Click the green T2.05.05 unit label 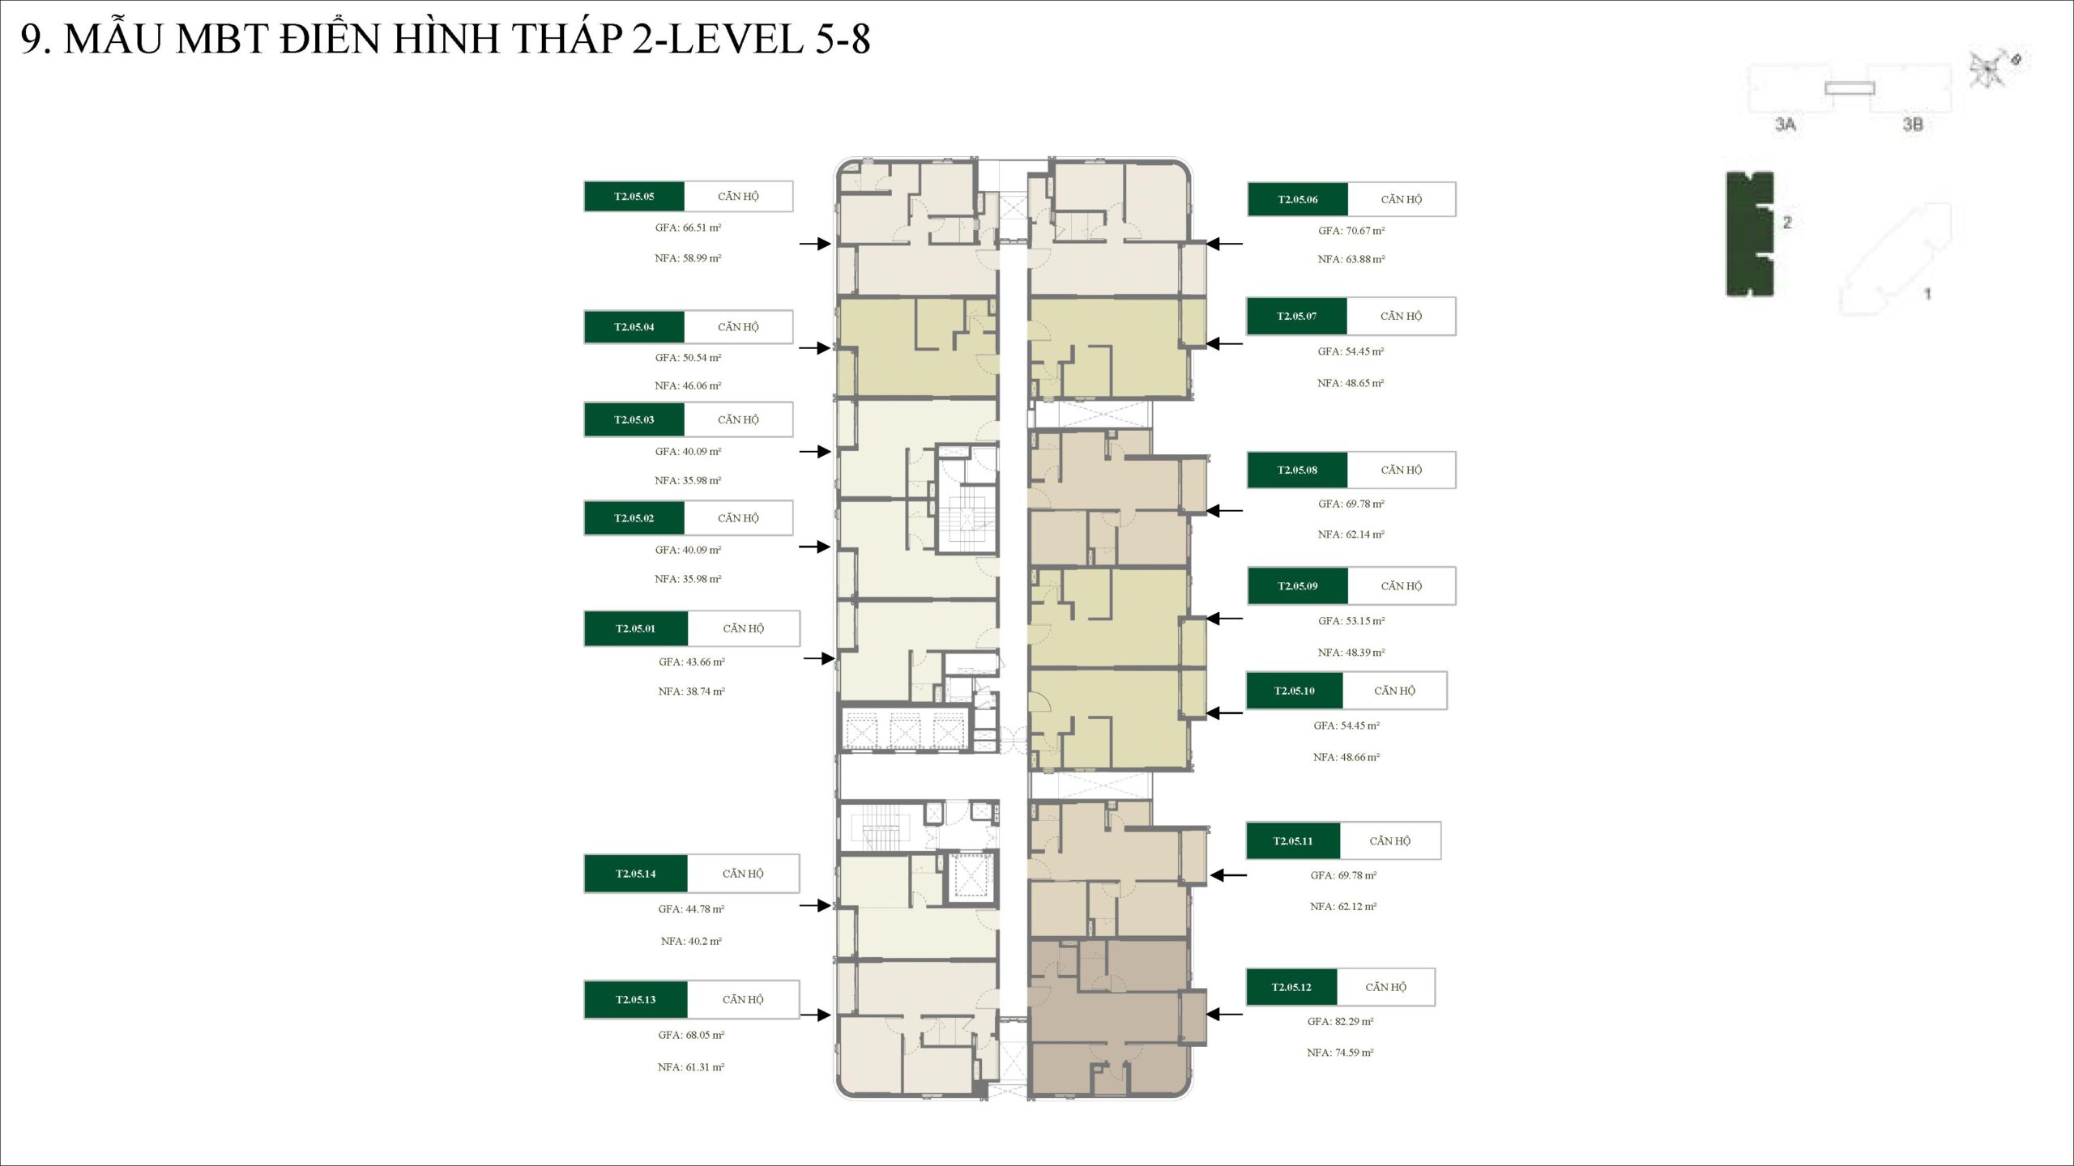(634, 197)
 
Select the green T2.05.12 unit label (1291, 987)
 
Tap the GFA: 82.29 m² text (1340, 1022)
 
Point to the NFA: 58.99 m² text (688, 258)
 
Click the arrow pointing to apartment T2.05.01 (819, 659)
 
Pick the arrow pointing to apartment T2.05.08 (1223, 511)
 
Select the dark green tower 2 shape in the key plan (1749, 234)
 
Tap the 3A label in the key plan (1786, 125)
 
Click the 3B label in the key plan (1913, 125)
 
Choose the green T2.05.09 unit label (1298, 586)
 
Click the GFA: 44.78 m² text (691, 909)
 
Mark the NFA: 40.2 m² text (691, 941)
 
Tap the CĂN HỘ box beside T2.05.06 (1402, 199)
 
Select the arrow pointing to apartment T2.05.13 (815, 1015)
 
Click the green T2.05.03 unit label (634, 419)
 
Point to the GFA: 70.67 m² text (1351, 231)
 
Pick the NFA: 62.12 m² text (1343, 907)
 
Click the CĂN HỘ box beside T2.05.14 (743, 874)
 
